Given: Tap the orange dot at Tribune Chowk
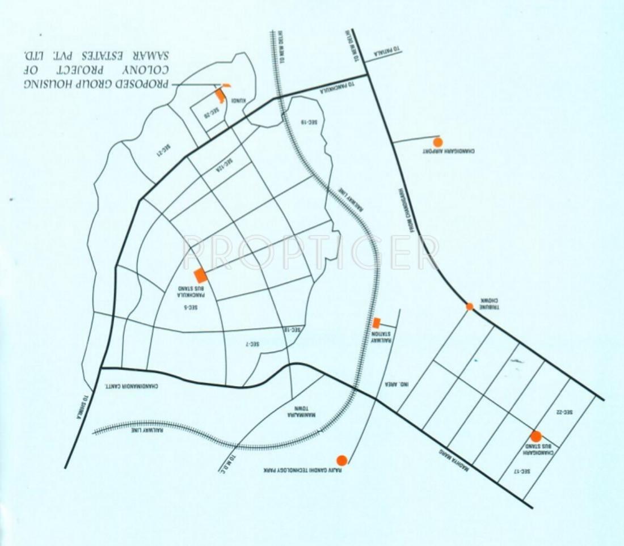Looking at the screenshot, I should point(470,307).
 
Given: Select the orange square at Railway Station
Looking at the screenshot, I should point(376,323).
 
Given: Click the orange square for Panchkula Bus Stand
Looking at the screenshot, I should point(200,276).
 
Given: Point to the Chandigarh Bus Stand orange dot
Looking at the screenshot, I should point(536,436).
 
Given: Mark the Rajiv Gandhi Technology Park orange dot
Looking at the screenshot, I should point(341,460).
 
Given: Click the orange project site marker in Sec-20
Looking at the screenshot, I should point(220,95).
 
